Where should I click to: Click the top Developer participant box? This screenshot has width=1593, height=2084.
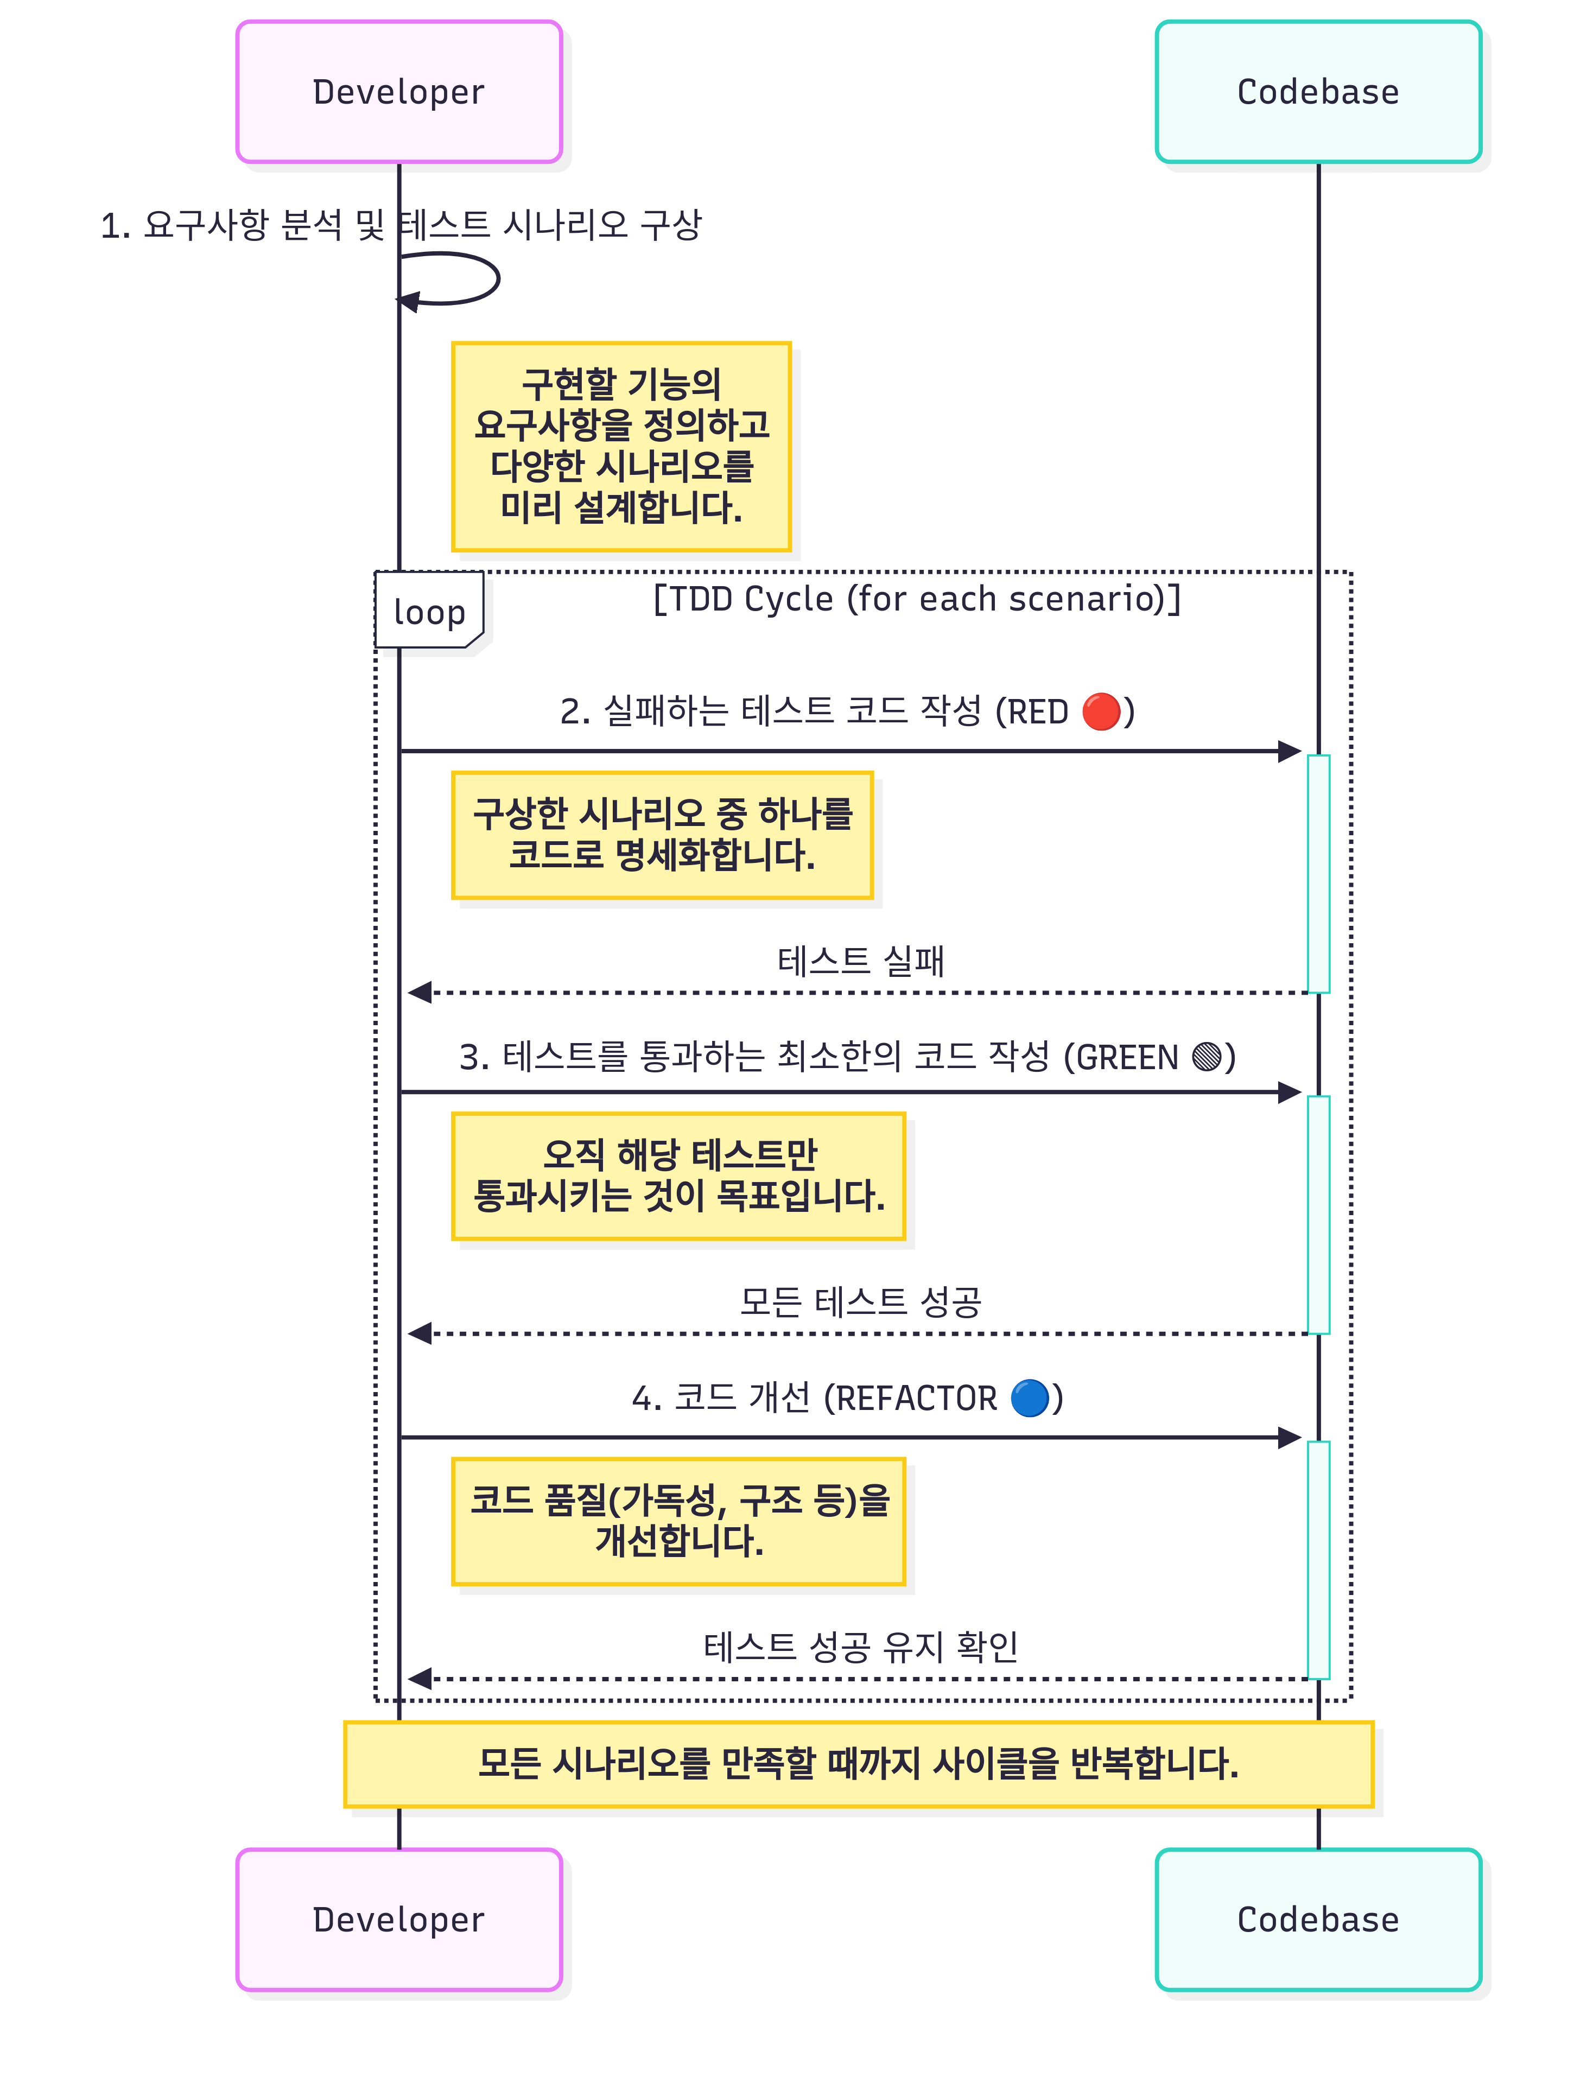pyautogui.click(x=399, y=92)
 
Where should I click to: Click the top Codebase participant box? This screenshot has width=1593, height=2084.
pyautogui.click(x=1318, y=92)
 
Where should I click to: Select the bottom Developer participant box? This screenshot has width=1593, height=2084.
pyautogui.click(x=399, y=1919)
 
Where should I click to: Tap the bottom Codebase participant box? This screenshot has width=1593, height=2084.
pyautogui.click(x=1318, y=1919)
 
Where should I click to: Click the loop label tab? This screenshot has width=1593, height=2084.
pyautogui.click(x=429, y=611)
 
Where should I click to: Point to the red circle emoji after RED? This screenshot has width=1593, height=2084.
pyautogui.click(x=1101, y=711)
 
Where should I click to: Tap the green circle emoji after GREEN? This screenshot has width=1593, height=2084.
pyautogui.click(x=1206, y=1056)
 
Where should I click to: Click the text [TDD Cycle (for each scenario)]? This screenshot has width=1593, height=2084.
pyautogui.click(x=917, y=599)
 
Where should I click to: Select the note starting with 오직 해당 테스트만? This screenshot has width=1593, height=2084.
pyautogui.click(x=679, y=1176)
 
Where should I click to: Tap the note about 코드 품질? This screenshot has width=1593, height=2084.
pyautogui.click(x=679, y=1521)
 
